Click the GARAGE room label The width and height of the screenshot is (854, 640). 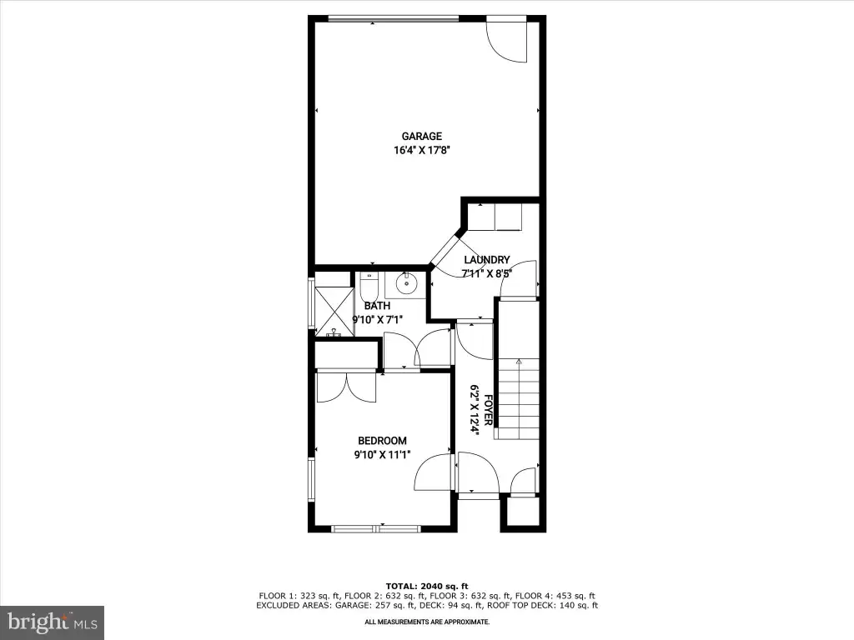(421, 137)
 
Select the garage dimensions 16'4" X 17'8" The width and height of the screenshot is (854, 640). (421, 151)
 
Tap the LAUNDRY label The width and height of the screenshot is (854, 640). (487, 260)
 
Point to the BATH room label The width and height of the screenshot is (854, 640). (377, 306)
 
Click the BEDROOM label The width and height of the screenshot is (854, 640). (382, 441)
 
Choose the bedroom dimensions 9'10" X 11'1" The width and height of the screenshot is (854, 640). (382, 455)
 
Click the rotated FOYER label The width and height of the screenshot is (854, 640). (488, 410)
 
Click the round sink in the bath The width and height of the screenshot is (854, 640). (406, 283)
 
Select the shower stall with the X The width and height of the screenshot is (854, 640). (334, 311)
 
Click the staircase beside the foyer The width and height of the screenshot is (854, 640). (519, 399)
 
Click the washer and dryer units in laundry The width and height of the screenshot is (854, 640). (495, 217)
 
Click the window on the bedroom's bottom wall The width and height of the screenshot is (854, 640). (376, 527)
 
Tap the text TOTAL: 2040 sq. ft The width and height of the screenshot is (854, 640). (427, 586)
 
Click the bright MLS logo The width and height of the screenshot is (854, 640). (53, 622)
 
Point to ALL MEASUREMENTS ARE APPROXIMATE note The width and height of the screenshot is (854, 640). (427, 622)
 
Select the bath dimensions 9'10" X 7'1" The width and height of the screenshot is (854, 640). (377, 320)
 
